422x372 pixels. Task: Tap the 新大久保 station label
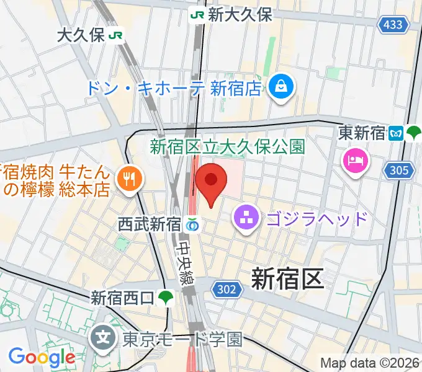coord(240,15)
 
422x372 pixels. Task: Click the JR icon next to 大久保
coord(115,35)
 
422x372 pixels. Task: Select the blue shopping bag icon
coord(282,86)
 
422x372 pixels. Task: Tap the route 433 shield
coord(393,25)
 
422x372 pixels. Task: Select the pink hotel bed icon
coord(356,162)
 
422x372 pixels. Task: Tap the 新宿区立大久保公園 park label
coord(227,147)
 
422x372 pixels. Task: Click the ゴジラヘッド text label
coord(316,218)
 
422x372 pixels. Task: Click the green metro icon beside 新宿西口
coord(166,298)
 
